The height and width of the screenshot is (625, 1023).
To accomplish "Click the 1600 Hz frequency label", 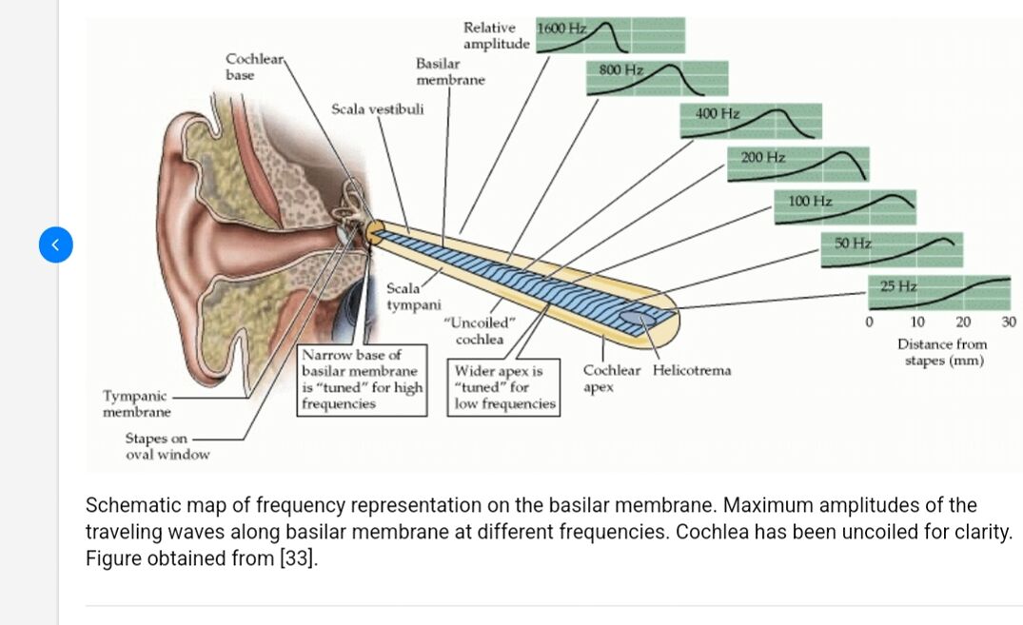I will (x=561, y=28).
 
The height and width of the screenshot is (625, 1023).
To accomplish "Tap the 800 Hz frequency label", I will (x=622, y=70).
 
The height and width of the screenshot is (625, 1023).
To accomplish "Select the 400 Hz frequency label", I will (x=718, y=113).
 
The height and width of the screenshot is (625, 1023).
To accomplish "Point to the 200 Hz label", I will (x=762, y=156).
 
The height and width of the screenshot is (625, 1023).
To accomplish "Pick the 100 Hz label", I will (x=811, y=201).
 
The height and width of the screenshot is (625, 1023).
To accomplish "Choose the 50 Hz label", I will (x=854, y=243).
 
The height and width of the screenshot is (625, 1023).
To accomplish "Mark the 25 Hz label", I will (x=898, y=285).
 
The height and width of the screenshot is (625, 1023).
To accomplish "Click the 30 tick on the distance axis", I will (x=1010, y=322).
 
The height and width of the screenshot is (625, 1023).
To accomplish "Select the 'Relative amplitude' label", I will (x=496, y=36).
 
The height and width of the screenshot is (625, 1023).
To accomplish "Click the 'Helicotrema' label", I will (x=692, y=370).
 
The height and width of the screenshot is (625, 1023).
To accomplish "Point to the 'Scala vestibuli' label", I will (x=377, y=109).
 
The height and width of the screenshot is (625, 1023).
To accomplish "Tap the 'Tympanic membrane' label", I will (x=136, y=403).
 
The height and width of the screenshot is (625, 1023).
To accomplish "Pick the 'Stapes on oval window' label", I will (x=167, y=446).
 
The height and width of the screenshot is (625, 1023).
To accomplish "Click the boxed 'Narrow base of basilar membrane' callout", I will (x=362, y=379).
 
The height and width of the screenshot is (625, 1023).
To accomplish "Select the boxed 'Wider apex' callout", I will (x=504, y=387).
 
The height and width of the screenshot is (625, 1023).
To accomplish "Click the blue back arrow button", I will (x=55, y=244).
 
